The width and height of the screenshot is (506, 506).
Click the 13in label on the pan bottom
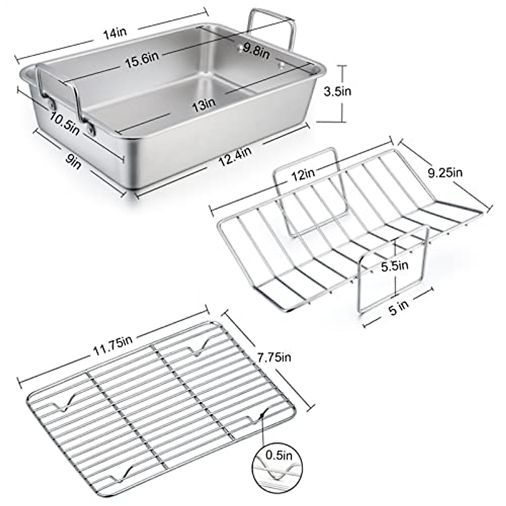[x=204, y=103]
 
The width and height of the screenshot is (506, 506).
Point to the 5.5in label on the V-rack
[x=394, y=266]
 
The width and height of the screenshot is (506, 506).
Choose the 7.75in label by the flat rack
[x=274, y=358]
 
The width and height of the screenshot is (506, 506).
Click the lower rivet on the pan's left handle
[x=91, y=128]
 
